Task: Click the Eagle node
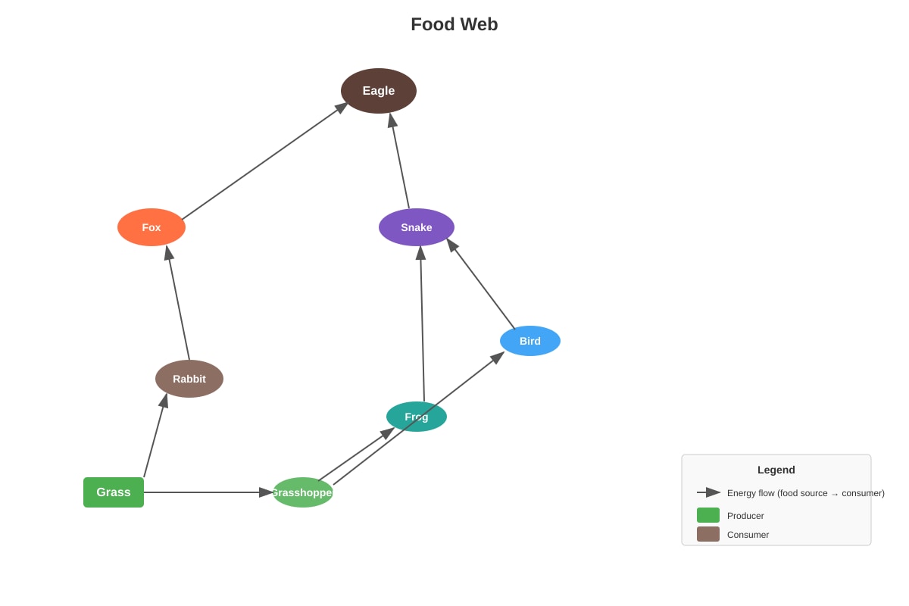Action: coord(378,90)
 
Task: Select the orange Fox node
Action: coord(151,227)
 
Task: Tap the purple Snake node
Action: coord(417,227)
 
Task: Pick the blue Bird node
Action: coord(530,341)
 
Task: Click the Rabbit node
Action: coord(189,379)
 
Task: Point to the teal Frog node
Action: coord(417,417)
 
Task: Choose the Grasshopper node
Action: coord(303,492)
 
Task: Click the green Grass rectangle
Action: coord(114,492)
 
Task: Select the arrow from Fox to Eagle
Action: coord(265,161)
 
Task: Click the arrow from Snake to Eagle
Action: coord(399,161)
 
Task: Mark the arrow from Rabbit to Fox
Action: coord(178,303)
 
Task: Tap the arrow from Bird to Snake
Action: coord(480,284)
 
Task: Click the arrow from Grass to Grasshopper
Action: coord(208,492)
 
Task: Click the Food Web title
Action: coord(454,24)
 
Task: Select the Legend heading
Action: coord(776,470)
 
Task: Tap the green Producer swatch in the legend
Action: coord(708,515)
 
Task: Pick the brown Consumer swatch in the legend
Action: coord(708,534)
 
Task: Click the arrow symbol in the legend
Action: coord(708,492)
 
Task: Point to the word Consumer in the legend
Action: coord(748,535)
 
